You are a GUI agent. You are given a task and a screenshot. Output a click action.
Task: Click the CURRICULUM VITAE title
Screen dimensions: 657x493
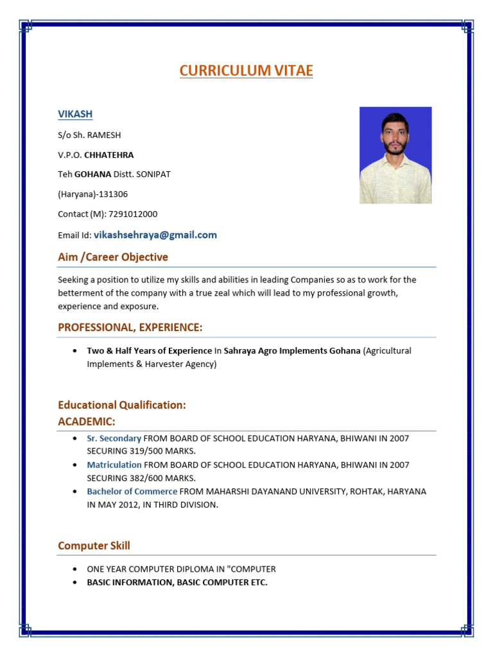[x=246, y=71]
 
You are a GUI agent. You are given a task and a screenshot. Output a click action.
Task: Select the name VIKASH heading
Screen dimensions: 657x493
[x=75, y=114]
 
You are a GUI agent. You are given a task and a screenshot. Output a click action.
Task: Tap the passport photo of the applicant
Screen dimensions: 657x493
[x=395, y=155]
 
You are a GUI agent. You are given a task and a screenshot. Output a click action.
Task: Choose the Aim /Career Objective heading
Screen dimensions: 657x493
[x=113, y=257]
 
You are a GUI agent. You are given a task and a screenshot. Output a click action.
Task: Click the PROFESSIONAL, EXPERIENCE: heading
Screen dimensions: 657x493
[x=130, y=328]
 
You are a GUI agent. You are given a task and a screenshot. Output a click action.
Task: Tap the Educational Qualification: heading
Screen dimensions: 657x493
[x=122, y=405]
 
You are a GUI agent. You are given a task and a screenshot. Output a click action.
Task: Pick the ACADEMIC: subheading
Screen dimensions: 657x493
[x=87, y=422]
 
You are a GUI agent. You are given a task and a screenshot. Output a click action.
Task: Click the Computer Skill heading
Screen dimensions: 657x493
[x=94, y=546]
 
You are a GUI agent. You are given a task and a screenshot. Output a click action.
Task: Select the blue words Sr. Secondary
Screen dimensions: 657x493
[x=114, y=438]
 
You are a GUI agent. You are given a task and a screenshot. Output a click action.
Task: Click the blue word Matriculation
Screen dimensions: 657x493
[x=114, y=465]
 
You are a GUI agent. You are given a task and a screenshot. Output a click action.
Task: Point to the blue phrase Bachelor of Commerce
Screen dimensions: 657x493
[x=132, y=491]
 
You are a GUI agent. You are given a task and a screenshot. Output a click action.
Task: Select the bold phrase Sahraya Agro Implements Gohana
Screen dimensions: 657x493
[x=291, y=351]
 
